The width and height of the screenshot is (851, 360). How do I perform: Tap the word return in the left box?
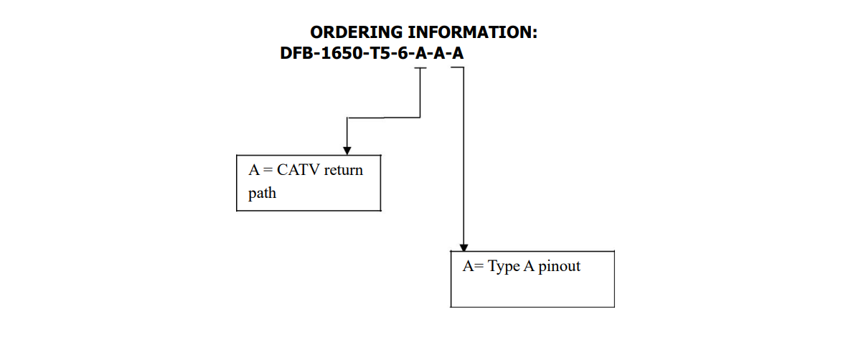pyautogui.click(x=344, y=171)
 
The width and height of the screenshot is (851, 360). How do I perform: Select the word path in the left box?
pyautogui.click(x=262, y=194)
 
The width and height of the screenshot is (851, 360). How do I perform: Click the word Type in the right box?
pyautogui.click(x=504, y=267)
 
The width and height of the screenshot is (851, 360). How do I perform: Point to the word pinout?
pyautogui.click(x=559, y=267)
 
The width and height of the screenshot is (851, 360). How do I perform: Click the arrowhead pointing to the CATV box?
pyautogui.click(x=347, y=149)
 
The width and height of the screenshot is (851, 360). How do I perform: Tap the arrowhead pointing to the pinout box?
pyautogui.click(x=464, y=246)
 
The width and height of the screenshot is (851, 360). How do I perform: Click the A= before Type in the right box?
pyautogui.click(x=473, y=267)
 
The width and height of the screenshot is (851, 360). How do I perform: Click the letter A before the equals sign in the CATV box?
pyautogui.click(x=253, y=170)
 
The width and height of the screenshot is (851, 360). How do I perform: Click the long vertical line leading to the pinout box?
pyautogui.click(x=464, y=158)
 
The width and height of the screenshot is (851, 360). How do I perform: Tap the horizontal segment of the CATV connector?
pyautogui.click(x=383, y=117)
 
